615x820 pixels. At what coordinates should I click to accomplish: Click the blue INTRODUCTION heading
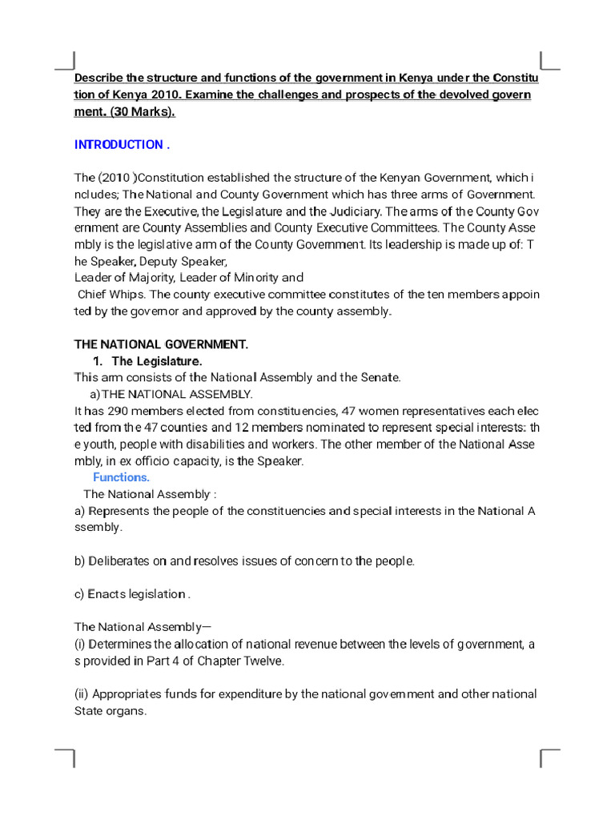[121, 145]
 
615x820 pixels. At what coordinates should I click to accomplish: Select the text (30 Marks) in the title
[145, 112]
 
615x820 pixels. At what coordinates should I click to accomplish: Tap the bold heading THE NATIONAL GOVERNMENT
[161, 344]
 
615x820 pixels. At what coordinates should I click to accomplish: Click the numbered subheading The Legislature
[157, 361]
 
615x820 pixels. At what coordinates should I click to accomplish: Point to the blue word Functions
[121, 477]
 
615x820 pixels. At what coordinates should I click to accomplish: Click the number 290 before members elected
[120, 411]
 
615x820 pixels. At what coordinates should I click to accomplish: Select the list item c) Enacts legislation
[132, 594]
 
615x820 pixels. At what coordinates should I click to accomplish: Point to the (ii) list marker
[81, 693]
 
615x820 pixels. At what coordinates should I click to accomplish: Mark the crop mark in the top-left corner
[66, 62]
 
